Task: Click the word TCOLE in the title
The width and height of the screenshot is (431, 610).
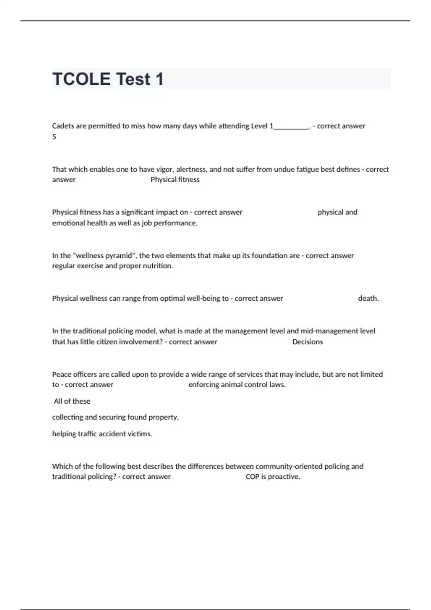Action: coord(82,79)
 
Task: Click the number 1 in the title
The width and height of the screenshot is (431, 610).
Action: coord(159,79)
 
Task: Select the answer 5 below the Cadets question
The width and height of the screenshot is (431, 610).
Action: coord(54,137)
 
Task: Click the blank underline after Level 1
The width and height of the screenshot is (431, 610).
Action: coord(291,127)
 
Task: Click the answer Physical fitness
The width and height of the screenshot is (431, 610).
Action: coord(175,179)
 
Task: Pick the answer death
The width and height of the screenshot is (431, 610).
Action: coord(368,298)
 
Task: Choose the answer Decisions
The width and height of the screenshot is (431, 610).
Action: coord(307,342)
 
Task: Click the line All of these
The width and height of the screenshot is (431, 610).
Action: coord(72,401)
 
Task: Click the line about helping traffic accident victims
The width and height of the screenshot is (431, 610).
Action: coord(102,433)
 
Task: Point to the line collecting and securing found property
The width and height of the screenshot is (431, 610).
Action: coord(115,417)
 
